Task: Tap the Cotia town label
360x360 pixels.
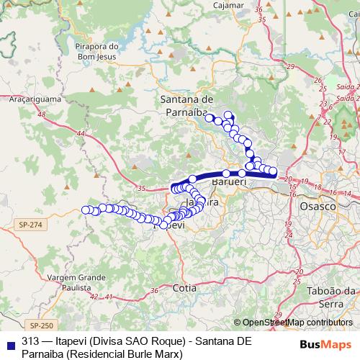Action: [x=184, y=287]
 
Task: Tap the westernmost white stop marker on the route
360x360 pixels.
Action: [x=86, y=210]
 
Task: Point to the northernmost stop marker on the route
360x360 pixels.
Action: [x=228, y=115]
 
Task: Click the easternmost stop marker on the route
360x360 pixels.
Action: [x=274, y=171]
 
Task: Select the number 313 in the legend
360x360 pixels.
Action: [x=31, y=341]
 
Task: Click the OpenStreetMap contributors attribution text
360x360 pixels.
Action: [x=296, y=323]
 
